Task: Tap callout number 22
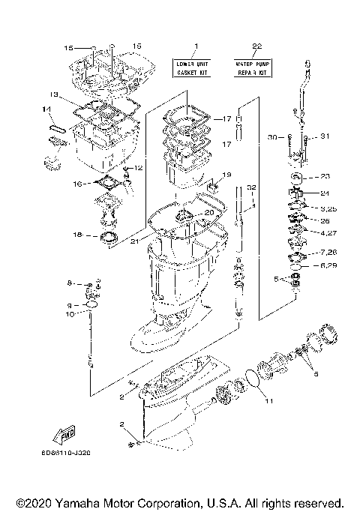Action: point(256,47)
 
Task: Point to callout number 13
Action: point(53,94)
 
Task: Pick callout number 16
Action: point(77,184)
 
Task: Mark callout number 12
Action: point(138,168)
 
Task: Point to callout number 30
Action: point(271,137)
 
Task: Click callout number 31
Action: point(325,136)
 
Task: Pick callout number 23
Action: point(324,177)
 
